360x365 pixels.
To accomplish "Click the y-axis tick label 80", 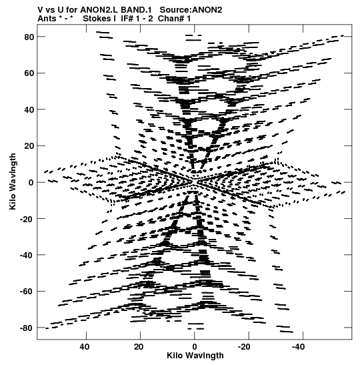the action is tap(29, 37).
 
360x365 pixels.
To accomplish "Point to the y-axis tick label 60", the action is tap(29, 73).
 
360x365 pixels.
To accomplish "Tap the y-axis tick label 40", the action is tap(29, 109).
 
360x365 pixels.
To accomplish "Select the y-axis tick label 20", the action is tap(29, 146).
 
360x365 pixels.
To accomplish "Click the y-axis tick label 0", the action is tap(31, 183).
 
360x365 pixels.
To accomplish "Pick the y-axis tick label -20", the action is tap(27, 219).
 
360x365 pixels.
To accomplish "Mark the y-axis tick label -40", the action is tap(27, 255).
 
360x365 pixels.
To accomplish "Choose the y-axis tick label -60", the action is tap(27, 292).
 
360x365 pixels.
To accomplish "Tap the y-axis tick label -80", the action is tap(27, 328).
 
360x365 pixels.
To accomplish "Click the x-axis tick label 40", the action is tap(85, 347).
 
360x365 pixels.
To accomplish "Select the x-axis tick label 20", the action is tap(139, 347).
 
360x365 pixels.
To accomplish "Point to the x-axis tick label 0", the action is tap(195, 347).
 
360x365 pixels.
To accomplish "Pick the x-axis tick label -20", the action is tap(244, 347).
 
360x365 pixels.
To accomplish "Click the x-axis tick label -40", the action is tap(299, 347).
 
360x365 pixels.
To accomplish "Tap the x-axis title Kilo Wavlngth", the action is tap(195, 356).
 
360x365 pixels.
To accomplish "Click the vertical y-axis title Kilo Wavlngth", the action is tap(13, 181).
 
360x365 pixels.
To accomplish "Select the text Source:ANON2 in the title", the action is tap(191, 10).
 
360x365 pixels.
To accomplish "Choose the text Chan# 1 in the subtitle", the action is tap(174, 19).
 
